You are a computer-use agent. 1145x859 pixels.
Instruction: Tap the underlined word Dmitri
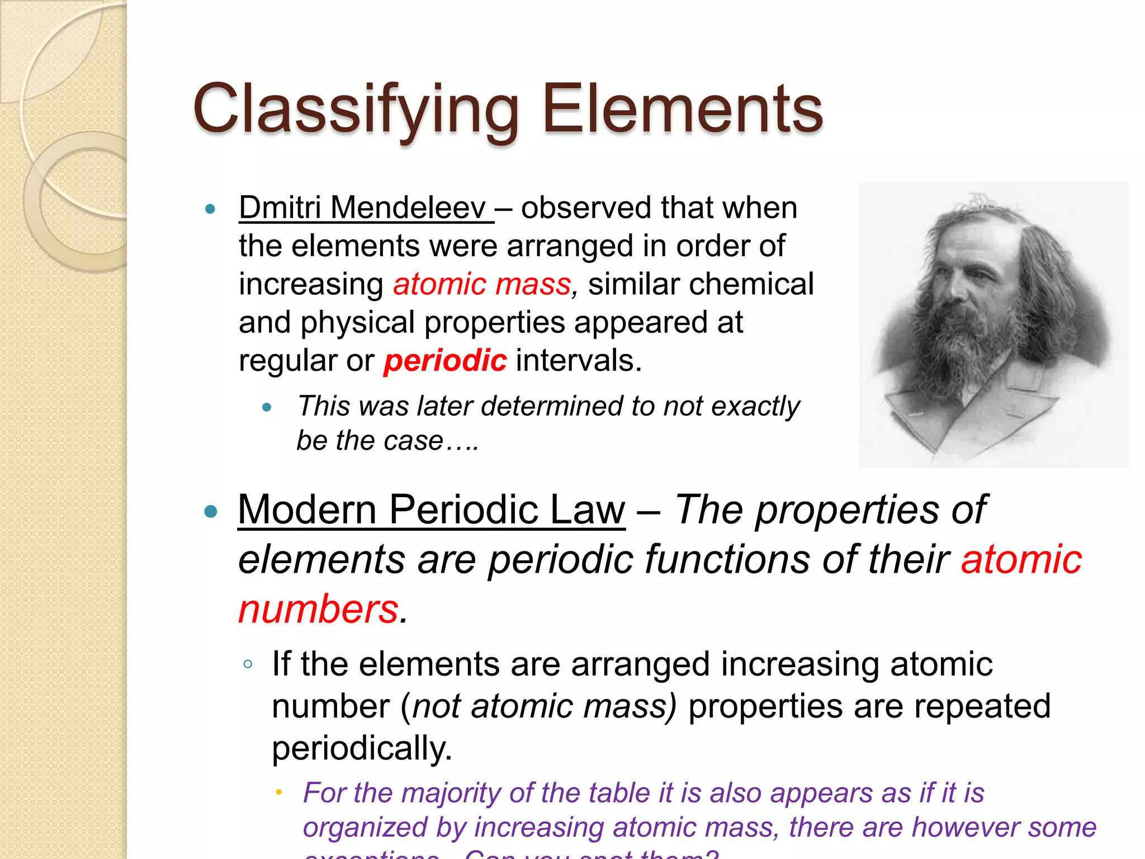click(280, 207)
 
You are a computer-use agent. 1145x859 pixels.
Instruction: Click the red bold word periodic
click(445, 360)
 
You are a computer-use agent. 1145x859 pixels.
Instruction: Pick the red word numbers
click(319, 609)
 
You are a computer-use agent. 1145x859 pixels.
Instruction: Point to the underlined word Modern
click(307, 509)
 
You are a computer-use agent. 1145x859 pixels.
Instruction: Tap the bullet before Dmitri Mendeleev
click(210, 209)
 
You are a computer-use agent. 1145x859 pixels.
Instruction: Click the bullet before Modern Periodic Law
click(211, 511)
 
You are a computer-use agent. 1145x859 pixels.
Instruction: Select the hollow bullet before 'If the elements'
click(248, 664)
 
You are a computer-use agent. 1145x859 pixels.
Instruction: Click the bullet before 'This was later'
click(267, 407)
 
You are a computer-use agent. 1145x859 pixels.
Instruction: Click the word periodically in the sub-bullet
click(362, 748)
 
